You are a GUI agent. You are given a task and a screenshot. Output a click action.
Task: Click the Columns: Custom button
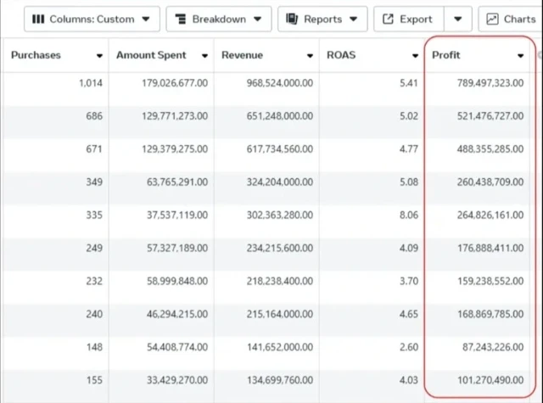91,19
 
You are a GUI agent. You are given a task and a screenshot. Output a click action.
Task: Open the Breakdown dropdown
218,19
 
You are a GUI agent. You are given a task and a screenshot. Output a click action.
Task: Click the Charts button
512,19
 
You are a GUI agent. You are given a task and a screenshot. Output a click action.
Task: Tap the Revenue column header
243,55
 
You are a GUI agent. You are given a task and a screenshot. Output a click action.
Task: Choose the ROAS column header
341,55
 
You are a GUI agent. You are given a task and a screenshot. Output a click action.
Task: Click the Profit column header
446,55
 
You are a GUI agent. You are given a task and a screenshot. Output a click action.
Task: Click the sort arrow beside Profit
520,56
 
